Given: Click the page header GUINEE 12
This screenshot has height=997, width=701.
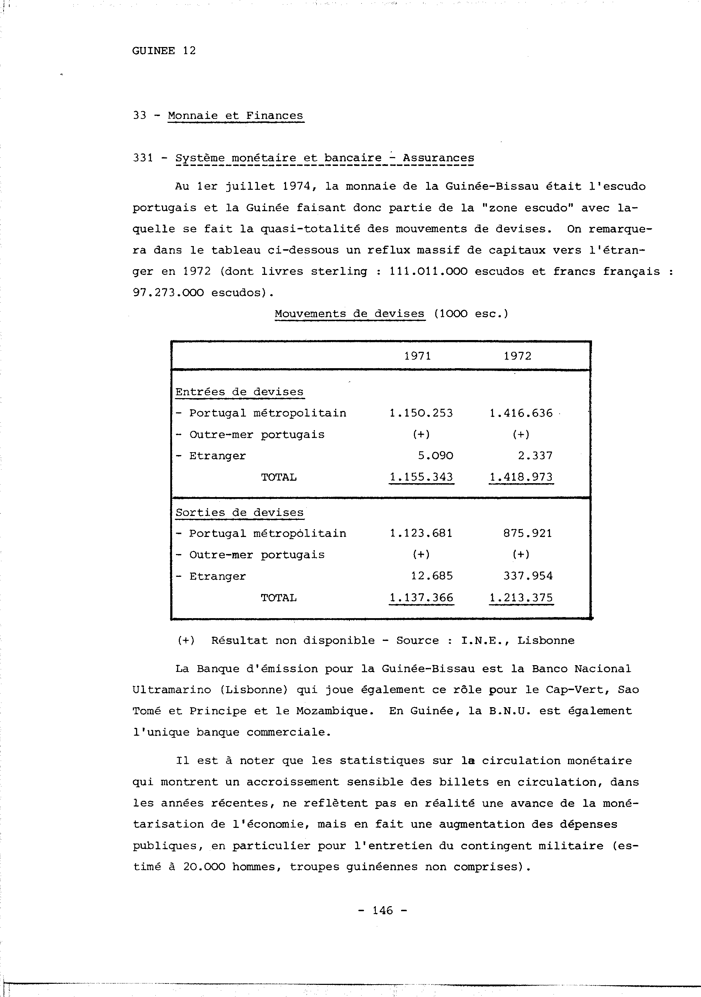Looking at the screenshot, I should [x=164, y=51].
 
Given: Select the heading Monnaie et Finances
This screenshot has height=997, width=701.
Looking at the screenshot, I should [x=235, y=115].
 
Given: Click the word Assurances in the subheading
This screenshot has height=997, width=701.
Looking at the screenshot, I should [x=438, y=158].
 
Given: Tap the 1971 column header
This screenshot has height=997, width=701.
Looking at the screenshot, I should [x=417, y=356].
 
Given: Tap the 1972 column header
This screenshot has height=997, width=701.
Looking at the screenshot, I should [x=517, y=356].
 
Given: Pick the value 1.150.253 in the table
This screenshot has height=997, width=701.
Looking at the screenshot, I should [x=421, y=413].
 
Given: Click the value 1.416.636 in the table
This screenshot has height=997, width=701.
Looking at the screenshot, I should [x=521, y=413].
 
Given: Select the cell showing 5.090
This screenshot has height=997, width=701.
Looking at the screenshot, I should [x=436, y=456].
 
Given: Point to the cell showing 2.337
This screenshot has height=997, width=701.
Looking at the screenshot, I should [x=535, y=456].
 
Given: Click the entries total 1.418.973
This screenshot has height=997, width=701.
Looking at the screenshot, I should [x=521, y=477].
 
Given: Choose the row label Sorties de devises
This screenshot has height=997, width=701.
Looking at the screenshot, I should [x=239, y=512].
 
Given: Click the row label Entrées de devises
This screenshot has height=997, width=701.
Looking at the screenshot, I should [x=239, y=392].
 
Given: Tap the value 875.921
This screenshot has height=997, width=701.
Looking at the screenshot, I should [x=528, y=533].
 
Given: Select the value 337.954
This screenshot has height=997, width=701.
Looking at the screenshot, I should [x=528, y=576].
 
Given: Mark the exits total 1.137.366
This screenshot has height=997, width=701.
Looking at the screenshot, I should [x=421, y=598].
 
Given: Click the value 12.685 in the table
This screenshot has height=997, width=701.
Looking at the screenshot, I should [x=432, y=576].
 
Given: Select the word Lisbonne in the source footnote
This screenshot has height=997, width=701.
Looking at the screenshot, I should [x=545, y=641].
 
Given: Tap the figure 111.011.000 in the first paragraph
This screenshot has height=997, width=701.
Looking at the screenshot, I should [x=428, y=271].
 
